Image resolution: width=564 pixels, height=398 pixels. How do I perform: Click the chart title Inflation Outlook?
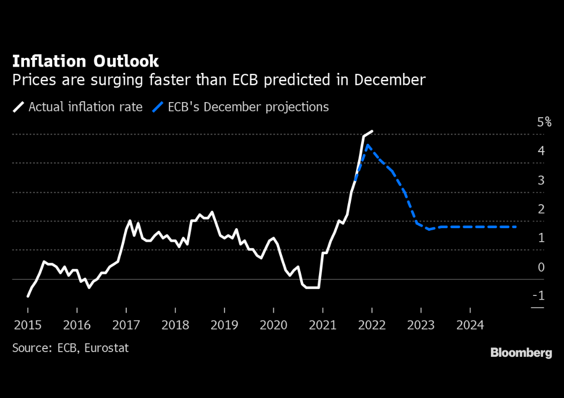(x=85, y=61)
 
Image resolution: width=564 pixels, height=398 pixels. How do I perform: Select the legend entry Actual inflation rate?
(x=85, y=107)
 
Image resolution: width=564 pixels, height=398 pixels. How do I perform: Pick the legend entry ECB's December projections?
(x=248, y=107)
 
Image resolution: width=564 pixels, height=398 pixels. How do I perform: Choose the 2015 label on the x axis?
(x=28, y=325)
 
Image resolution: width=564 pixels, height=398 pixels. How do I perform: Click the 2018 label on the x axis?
(x=175, y=325)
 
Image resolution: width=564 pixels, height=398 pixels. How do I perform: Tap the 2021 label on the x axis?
(x=323, y=325)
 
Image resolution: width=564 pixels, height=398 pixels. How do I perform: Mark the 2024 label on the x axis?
(x=470, y=325)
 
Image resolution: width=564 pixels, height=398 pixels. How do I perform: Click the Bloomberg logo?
(x=521, y=353)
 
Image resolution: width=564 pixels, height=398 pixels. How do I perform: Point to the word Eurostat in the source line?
(x=106, y=347)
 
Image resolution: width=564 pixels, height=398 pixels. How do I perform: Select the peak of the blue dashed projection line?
(x=367, y=145)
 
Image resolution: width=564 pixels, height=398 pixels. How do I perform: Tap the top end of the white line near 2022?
(x=372, y=131)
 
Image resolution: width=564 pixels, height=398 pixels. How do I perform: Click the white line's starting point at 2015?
(x=28, y=296)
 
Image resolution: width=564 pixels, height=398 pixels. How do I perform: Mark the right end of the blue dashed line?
(x=516, y=227)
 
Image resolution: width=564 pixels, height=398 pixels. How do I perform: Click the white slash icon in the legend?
(x=19, y=107)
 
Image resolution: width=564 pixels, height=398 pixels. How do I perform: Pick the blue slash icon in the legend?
(x=158, y=107)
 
